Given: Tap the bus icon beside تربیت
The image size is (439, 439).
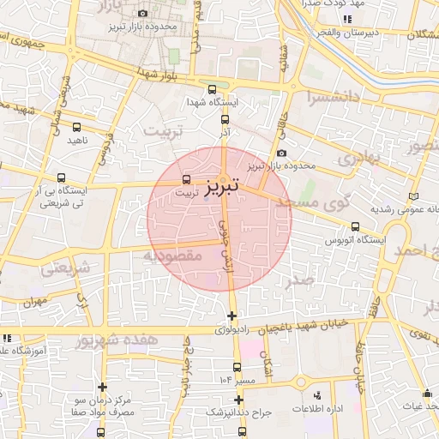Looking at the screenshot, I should tap(188, 179).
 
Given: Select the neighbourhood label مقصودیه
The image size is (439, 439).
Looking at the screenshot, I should tap(171, 256).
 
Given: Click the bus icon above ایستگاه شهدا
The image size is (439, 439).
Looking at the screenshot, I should tap(213, 88).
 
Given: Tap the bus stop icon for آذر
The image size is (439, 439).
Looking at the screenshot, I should tap(225, 120).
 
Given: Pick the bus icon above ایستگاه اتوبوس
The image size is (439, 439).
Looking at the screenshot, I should tap(355, 226).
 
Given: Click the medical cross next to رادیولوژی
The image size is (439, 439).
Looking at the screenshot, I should tap(232, 316).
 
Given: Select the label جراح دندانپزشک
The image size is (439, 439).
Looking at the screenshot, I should tap(239, 412).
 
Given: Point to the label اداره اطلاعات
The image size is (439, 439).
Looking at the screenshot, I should tap(318, 408).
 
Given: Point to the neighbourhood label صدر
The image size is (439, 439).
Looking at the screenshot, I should tap(300, 280).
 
